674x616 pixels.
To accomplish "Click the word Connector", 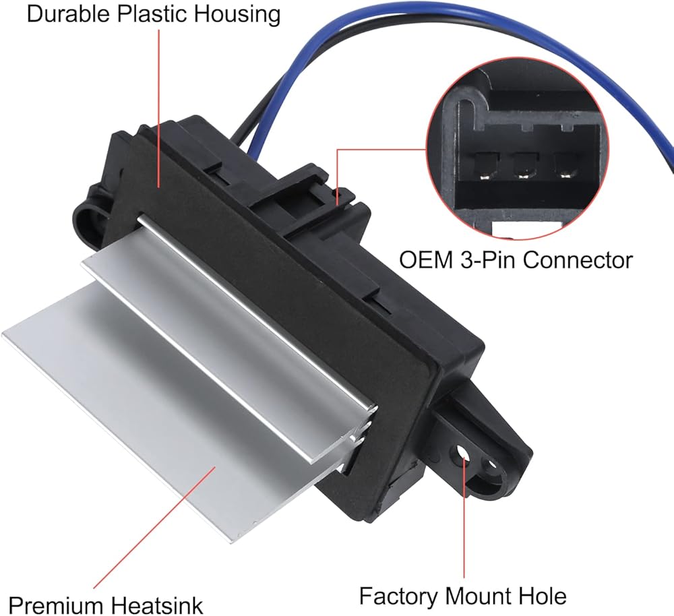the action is coord(578,259).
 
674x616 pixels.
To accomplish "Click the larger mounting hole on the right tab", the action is coord(463,453).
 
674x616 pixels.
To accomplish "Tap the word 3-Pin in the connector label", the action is coord(487,259).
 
